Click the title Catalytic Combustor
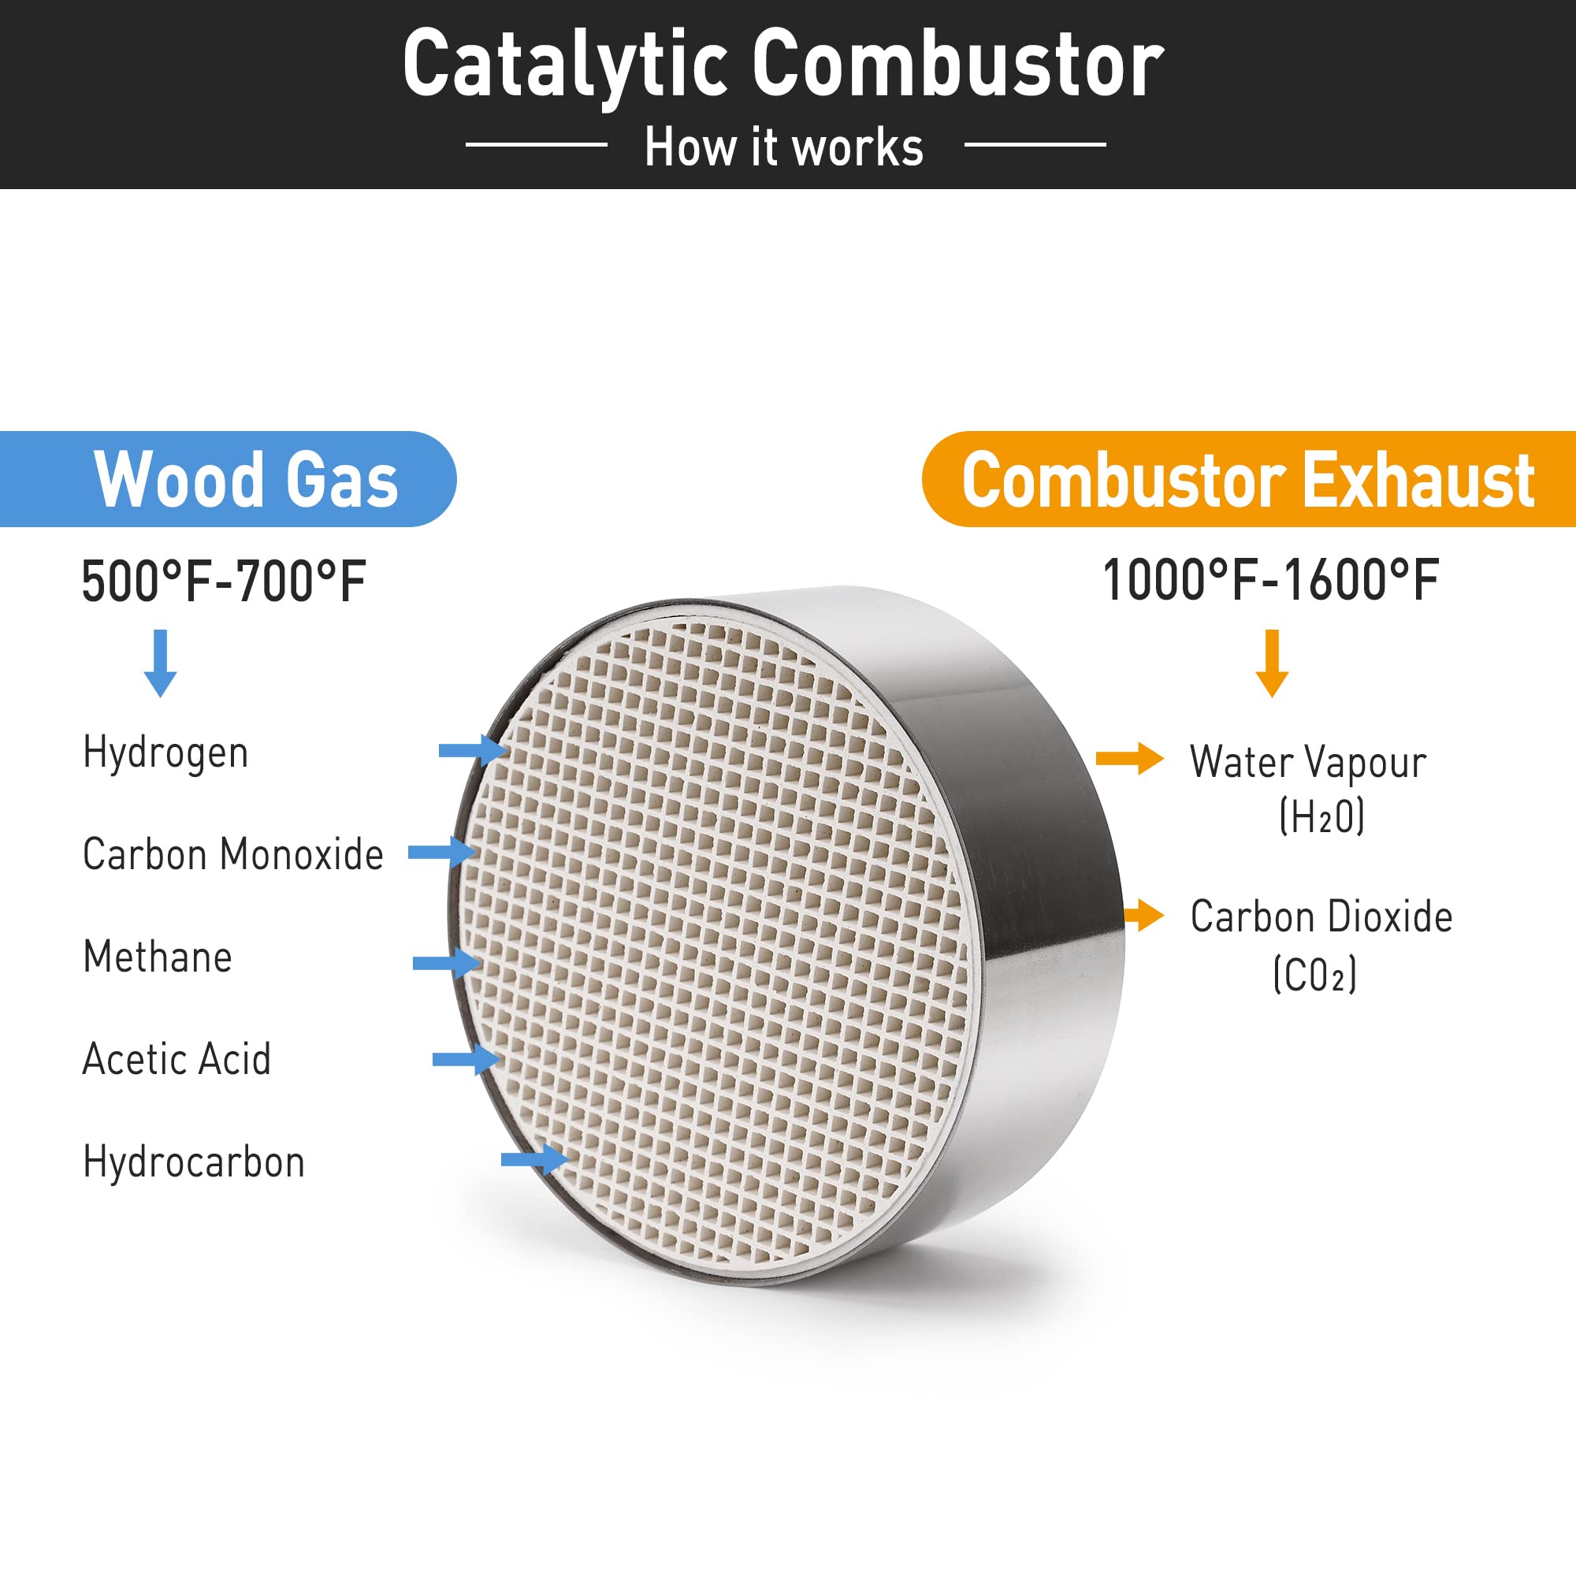tap(783, 64)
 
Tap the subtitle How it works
tap(784, 147)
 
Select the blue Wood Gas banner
tap(228, 479)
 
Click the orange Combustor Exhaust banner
tap(1249, 479)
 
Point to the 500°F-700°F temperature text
tap(224, 582)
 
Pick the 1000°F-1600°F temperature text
tap(1270, 580)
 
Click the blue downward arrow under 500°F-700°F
tap(161, 663)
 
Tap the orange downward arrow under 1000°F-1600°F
tap(1272, 663)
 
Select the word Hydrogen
tap(165, 753)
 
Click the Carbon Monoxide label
tap(233, 854)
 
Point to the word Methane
tap(158, 956)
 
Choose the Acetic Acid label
tap(177, 1059)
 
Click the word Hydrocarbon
tap(194, 1162)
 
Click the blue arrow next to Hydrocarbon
tap(535, 1159)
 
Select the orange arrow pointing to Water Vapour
tap(1130, 759)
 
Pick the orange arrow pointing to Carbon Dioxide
tap(1144, 914)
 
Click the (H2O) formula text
tap(1321, 816)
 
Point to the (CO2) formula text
tap(1315, 973)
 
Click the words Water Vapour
tap(1308, 763)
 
